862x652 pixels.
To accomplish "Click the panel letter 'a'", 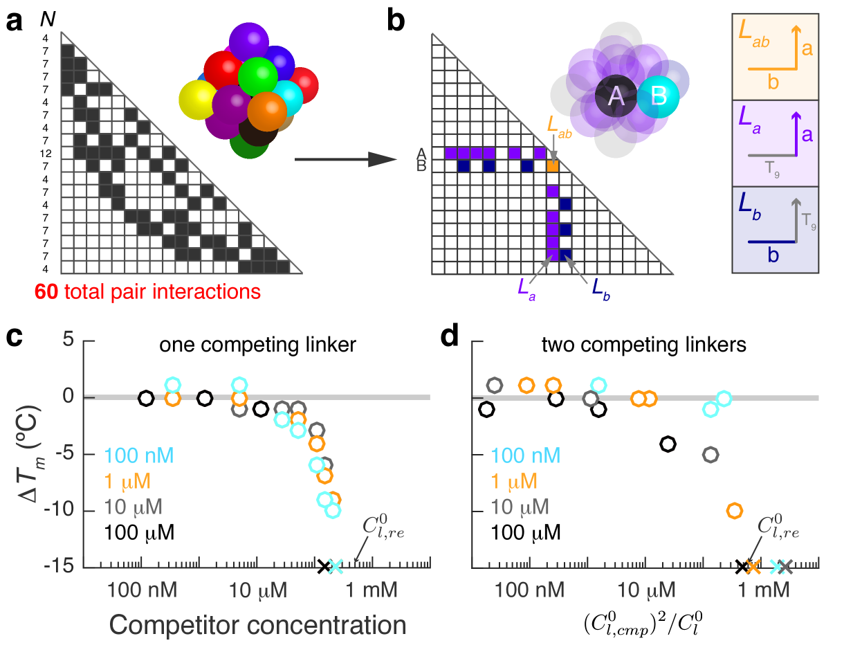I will pos(15,22).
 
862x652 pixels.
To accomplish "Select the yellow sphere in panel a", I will pos(196,100).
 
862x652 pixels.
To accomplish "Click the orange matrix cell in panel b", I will pos(552,166).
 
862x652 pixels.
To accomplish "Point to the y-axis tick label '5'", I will pos(68,340).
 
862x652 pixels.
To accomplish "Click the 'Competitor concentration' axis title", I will pos(257,625).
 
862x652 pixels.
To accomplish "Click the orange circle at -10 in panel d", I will pos(735,511).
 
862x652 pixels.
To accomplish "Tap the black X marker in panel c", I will pos(323,566).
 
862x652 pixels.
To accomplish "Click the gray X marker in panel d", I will pos(785,566).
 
